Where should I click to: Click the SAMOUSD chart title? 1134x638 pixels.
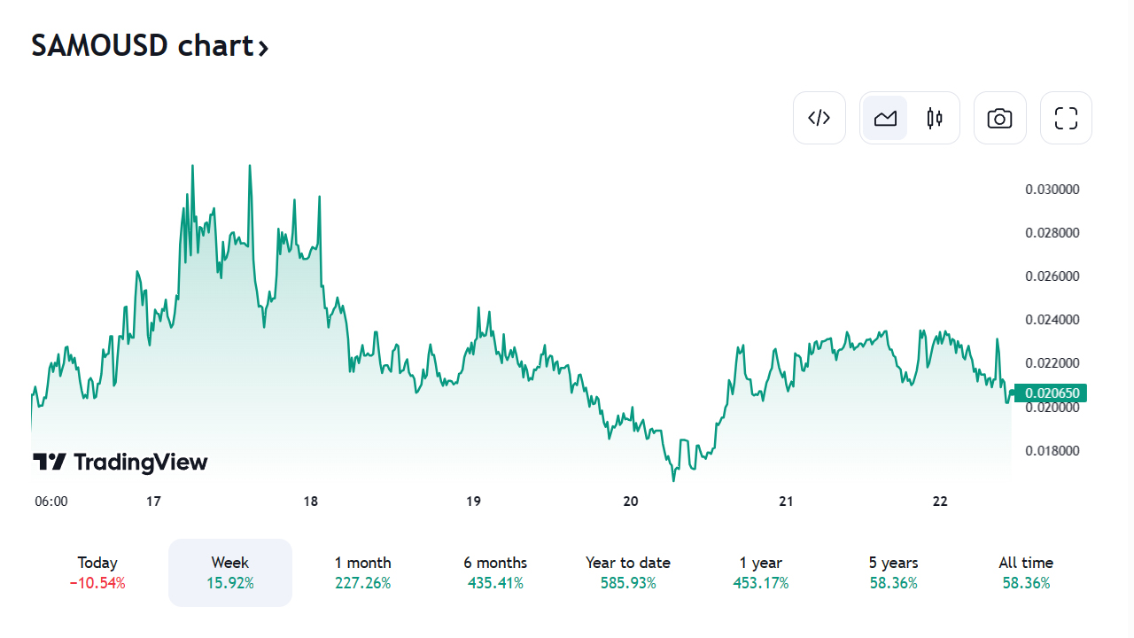tap(149, 45)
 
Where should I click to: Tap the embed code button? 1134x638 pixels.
tap(819, 118)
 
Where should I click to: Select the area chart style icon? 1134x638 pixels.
tap(885, 118)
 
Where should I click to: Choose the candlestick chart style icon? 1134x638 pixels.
tap(935, 118)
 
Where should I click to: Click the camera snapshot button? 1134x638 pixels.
tap(999, 118)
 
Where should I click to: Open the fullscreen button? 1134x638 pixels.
tap(1066, 118)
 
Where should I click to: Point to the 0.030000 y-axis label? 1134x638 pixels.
tap(1052, 190)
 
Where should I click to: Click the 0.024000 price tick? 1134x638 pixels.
tap(1052, 320)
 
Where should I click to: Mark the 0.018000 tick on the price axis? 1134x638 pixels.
tap(1052, 451)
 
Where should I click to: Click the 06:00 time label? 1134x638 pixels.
tap(51, 502)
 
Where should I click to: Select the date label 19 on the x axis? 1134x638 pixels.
tap(473, 502)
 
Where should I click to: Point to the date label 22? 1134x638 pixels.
tap(940, 502)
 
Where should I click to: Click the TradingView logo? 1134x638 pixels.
tap(120, 462)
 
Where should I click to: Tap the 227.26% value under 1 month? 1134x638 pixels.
tap(362, 584)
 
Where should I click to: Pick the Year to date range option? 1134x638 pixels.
tap(628, 564)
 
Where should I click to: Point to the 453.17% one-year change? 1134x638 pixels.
tap(761, 584)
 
